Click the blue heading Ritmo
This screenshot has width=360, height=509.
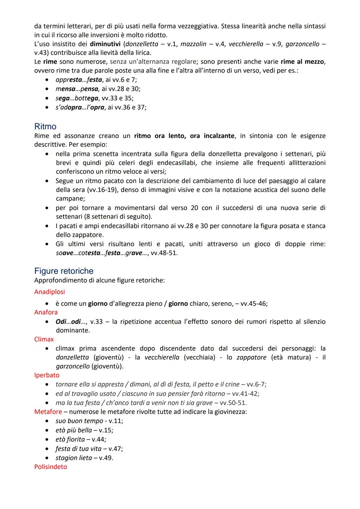[x=45, y=127]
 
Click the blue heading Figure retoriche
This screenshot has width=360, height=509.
[x=64, y=271]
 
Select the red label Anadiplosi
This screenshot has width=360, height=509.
[x=50, y=292]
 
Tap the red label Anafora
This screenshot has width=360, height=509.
[x=46, y=312]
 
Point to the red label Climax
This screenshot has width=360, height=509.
[x=44, y=339]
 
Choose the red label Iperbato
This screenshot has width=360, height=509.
[x=47, y=375]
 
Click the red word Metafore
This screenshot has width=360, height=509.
[x=48, y=412]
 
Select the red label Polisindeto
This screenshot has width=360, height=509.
[x=51, y=467]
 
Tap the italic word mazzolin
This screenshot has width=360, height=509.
[x=193, y=44]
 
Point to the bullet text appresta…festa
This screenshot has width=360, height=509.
[x=79, y=80]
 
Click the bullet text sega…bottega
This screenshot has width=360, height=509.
[x=77, y=98]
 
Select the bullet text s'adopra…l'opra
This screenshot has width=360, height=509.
[x=80, y=107]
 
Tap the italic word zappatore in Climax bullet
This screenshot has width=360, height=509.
[x=252, y=357]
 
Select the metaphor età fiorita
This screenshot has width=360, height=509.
[x=70, y=439]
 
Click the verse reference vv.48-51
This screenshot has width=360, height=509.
[x=164, y=253]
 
